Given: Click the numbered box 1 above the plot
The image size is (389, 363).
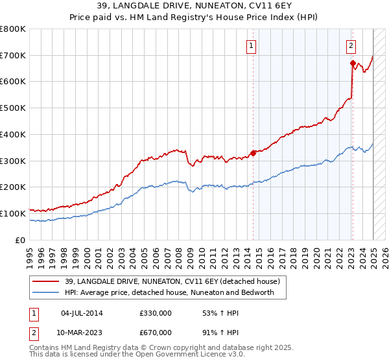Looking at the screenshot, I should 250,45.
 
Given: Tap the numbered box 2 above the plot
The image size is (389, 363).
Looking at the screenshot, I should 350,45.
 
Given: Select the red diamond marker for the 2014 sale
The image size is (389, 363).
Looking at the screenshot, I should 253,153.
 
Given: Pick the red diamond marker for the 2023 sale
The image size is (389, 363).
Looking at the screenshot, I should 353,63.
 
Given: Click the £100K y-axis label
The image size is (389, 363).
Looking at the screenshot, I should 13,213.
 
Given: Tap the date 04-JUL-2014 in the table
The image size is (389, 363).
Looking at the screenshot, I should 82,313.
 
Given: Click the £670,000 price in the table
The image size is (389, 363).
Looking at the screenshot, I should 155,333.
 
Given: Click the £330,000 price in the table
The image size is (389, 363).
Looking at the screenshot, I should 155,313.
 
